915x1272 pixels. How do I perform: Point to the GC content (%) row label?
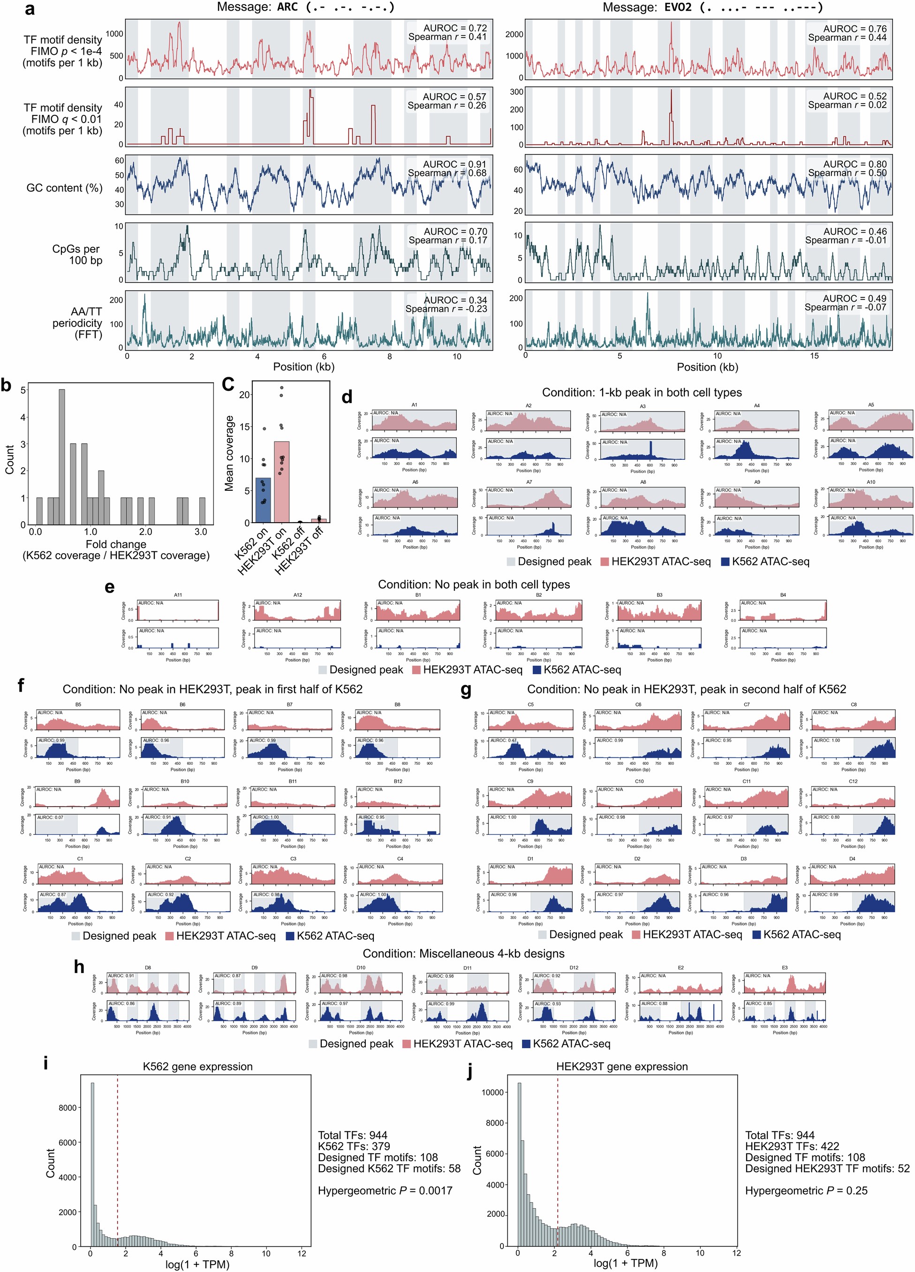point(64,188)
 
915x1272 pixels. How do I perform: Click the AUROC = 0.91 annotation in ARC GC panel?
point(455,164)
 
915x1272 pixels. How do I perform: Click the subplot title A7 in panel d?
point(529,482)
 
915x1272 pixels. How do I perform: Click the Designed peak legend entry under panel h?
point(351,1044)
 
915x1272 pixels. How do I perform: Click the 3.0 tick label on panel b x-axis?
point(200,532)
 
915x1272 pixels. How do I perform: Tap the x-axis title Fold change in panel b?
point(115,544)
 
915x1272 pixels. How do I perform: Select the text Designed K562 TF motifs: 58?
point(389,1168)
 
